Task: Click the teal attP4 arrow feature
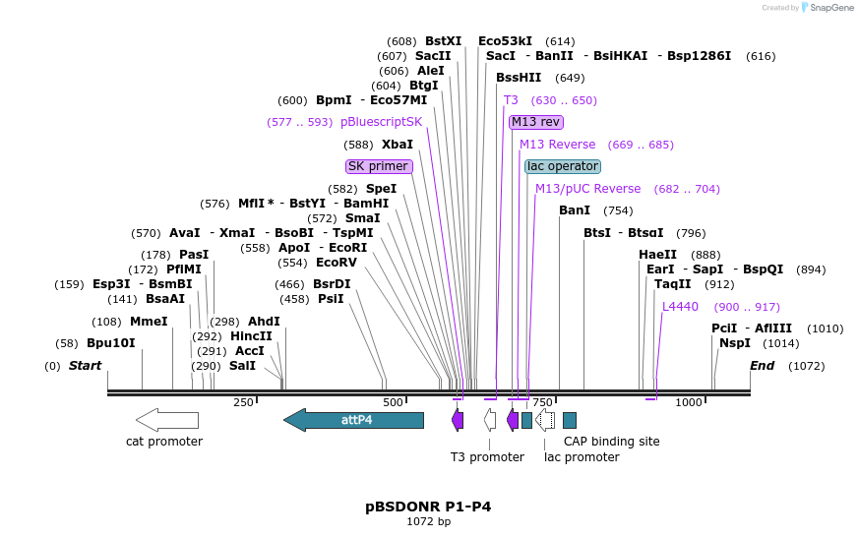tap(354, 420)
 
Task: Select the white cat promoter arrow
tap(166, 420)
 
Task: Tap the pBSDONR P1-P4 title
tap(428, 507)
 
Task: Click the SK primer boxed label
tap(378, 166)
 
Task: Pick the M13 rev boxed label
tap(535, 122)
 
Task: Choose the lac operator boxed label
tap(562, 166)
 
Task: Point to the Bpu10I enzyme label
tap(110, 343)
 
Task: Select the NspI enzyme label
tap(734, 343)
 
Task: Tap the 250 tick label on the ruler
tap(243, 402)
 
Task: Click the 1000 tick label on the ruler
tap(689, 402)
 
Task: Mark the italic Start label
tap(85, 366)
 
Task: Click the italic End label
tap(762, 366)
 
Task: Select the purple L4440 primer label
tap(680, 307)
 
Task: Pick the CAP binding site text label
tap(611, 442)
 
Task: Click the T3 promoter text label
tap(487, 457)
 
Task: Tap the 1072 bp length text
tap(428, 522)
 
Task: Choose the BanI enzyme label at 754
tap(575, 210)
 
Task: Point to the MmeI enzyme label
tap(149, 322)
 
